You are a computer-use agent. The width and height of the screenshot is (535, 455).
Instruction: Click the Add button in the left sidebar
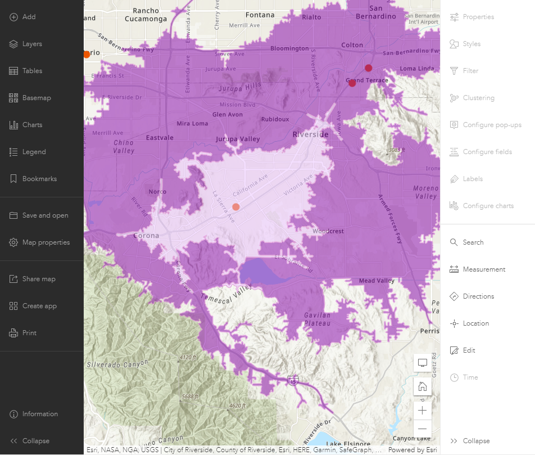tap(22, 17)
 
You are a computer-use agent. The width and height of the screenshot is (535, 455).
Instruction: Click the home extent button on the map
tap(423, 386)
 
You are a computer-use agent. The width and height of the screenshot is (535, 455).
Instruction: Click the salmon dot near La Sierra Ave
tap(236, 207)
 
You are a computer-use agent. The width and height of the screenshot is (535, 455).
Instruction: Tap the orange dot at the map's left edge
tap(87, 55)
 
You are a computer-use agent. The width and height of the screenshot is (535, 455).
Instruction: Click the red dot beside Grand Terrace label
tap(352, 83)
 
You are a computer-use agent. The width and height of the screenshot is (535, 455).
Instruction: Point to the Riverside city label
tap(310, 134)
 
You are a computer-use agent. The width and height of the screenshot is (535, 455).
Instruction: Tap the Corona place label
tap(146, 236)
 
